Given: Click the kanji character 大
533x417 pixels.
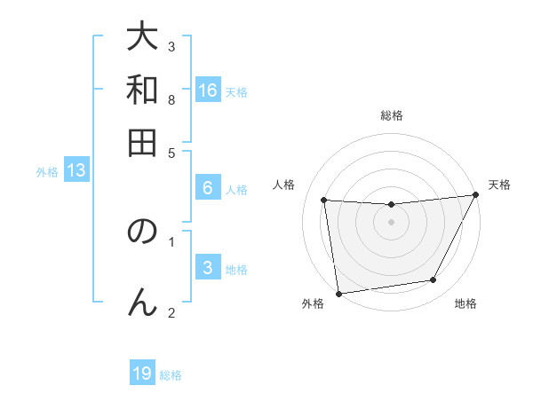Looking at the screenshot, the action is [142, 40].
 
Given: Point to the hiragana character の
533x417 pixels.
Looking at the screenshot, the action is [142, 232].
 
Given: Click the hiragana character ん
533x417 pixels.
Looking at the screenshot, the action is [142, 302].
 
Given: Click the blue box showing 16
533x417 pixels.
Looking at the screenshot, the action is [208, 90].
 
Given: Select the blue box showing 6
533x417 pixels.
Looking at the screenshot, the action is [208, 188].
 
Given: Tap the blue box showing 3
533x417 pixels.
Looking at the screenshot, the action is [208, 268].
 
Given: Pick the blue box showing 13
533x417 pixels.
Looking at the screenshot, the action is [76, 171].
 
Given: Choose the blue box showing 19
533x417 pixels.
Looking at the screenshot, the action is [142, 374].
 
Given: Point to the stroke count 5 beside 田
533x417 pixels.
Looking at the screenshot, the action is [171, 152].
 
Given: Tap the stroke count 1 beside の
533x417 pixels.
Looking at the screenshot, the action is [171, 240].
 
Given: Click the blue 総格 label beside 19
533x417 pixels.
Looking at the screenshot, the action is [171, 375].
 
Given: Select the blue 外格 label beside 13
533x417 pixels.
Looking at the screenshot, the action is [47, 173].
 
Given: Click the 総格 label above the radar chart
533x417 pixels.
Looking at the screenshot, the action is [392, 116].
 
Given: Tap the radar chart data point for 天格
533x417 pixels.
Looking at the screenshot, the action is [476, 196].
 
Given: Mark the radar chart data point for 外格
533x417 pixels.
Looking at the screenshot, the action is [338, 293].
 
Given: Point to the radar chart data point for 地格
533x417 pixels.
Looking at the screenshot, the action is [434, 280].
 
